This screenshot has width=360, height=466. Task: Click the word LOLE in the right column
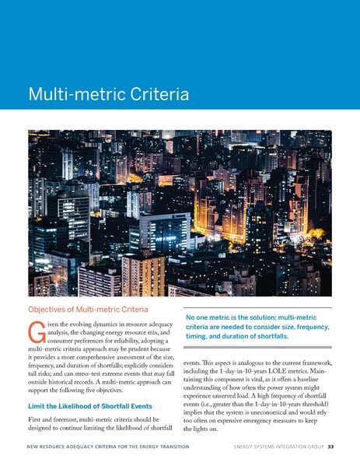click(282, 373)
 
